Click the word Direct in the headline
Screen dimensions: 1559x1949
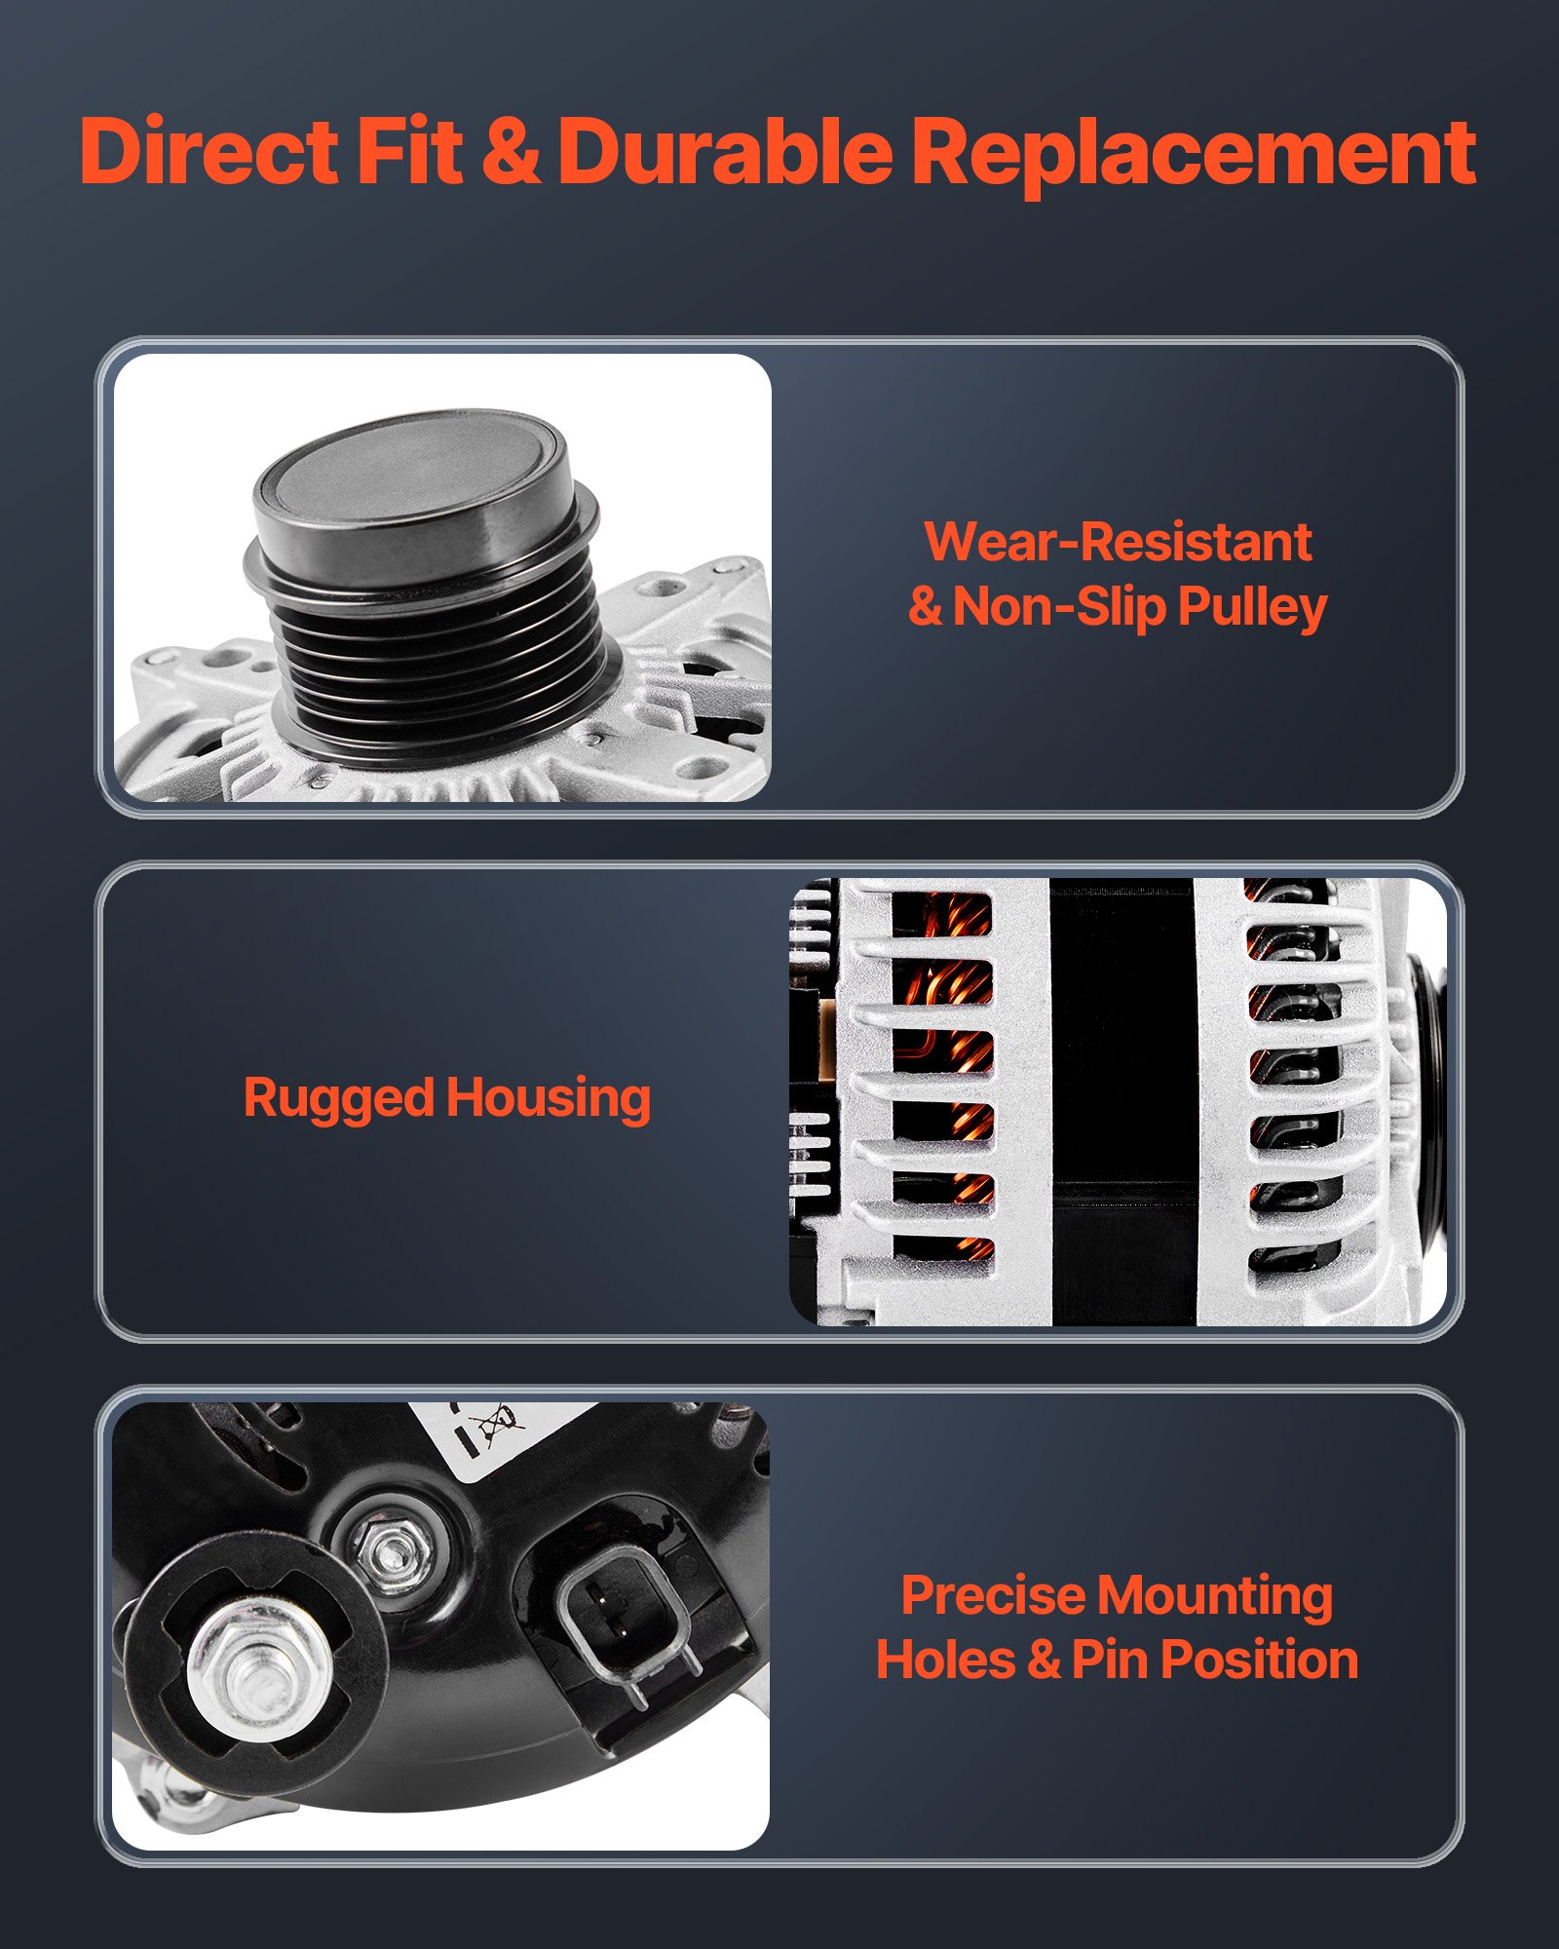(209, 151)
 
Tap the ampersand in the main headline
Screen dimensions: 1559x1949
(511, 151)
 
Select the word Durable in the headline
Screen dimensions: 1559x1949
(725, 151)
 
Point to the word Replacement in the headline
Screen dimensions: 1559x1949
(1194, 153)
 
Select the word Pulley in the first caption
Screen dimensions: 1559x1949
(1252, 607)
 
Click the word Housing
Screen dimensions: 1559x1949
(549, 1099)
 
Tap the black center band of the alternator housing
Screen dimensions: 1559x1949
(1122, 1101)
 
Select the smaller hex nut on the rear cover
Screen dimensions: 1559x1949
(390, 1544)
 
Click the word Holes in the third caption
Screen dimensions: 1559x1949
(945, 1660)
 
